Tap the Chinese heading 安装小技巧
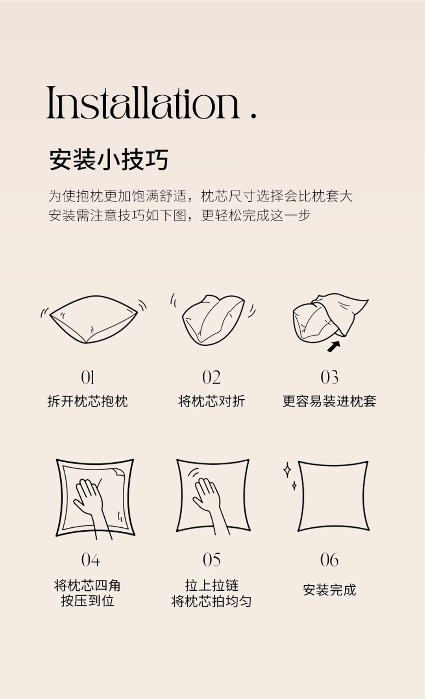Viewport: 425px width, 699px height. (109, 159)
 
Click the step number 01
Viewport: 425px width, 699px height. (87, 377)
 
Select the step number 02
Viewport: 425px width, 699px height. (211, 377)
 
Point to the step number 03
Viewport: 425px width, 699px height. (329, 377)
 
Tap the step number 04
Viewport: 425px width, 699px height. (91, 560)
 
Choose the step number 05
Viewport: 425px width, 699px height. (212, 560)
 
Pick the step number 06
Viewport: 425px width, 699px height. (329, 560)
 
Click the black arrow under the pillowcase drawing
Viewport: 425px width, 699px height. (334, 346)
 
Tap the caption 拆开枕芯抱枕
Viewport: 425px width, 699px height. (87, 401)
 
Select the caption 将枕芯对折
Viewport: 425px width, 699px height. (211, 401)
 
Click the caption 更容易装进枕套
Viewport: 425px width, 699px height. (329, 401)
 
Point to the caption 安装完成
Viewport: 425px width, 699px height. (329, 590)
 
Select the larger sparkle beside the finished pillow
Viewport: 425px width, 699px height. (287, 470)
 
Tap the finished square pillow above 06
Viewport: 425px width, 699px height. (333, 496)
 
